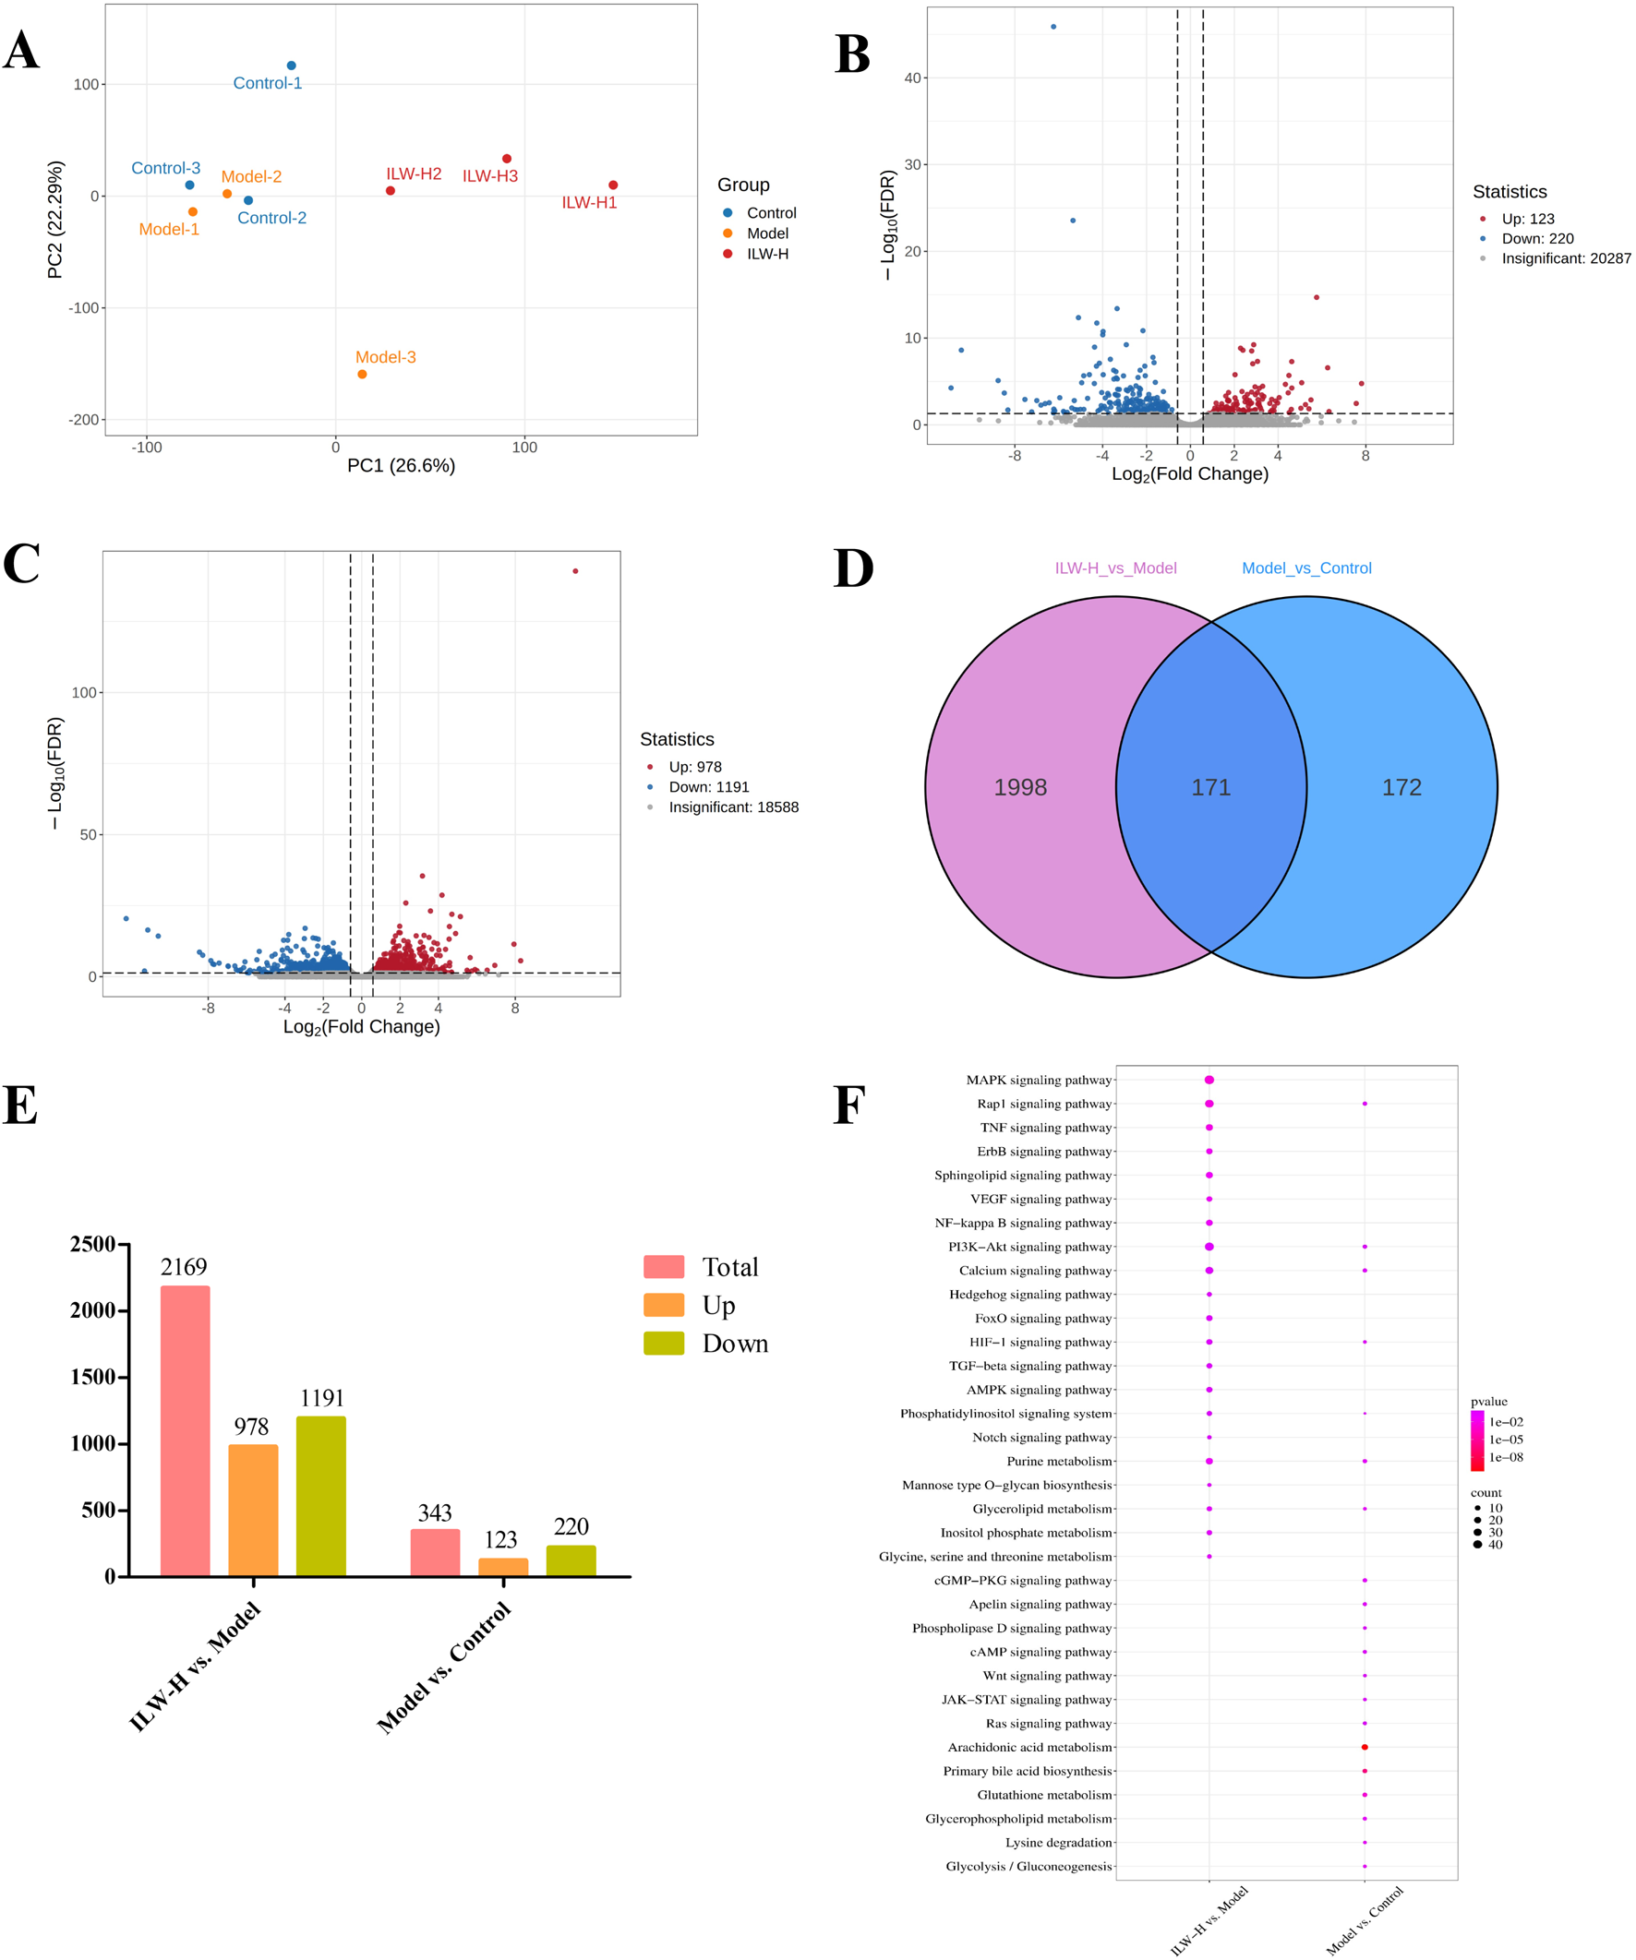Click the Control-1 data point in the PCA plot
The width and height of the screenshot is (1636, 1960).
292,66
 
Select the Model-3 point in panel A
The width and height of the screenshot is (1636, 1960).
362,375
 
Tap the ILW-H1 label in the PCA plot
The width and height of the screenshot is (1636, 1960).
589,202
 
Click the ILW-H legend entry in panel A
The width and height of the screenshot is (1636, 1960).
766,254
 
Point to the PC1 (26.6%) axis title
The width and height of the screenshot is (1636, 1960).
401,466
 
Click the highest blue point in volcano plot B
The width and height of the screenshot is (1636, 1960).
1053,27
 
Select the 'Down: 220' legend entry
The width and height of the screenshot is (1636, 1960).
1537,239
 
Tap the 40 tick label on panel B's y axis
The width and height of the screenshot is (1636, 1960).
912,78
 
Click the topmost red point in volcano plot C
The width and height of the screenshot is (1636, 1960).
575,571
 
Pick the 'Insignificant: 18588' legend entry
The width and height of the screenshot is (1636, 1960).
733,807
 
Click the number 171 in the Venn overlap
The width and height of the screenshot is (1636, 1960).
1211,788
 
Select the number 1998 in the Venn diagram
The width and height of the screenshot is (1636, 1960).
1019,788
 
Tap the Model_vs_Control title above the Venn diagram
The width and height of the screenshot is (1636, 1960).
1306,568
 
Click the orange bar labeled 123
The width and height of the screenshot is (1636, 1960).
503,1567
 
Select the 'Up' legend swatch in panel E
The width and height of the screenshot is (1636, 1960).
664,1305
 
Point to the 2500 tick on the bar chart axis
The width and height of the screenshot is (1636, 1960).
92,1244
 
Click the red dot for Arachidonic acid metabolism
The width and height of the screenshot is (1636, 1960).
1365,1747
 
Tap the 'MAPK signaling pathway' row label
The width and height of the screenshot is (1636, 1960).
1039,1080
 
